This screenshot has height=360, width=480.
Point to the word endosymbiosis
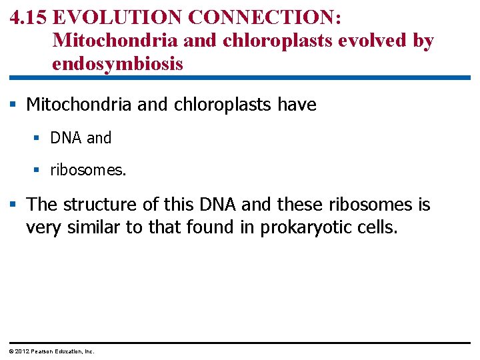pyautogui.click(x=117, y=65)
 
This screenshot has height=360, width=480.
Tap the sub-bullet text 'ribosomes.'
pyautogui.click(x=88, y=170)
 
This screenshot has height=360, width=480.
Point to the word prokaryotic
pyautogui.click(x=303, y=227)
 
